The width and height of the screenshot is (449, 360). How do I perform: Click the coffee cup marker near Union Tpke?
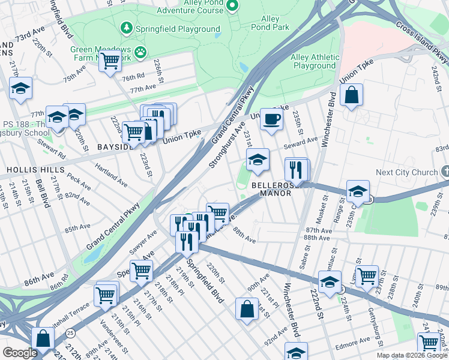click(271, 118)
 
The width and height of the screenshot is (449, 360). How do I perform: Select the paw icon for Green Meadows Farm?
click(140, 52)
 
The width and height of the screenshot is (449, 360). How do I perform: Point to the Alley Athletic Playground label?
click(315, 61)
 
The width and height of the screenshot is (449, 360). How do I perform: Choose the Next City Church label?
click(406, 172)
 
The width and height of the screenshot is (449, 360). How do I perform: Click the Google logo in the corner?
click(21, 353)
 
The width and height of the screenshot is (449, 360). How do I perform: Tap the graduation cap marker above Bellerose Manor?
click(258, 160)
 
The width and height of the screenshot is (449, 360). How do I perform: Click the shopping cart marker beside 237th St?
click(367, 276)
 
